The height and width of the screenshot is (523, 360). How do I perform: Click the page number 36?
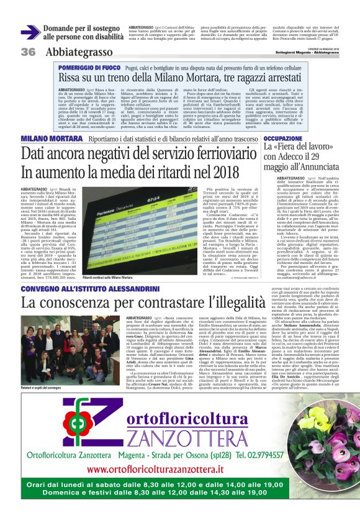[x=27, y=52]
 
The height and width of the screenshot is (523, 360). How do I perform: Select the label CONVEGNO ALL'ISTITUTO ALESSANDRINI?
[x=83, y=289]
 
